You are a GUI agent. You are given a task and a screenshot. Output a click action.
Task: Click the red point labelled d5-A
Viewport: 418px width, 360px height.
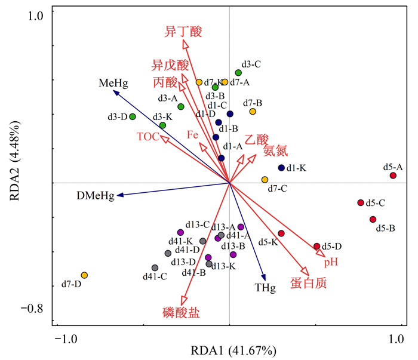click(393, 176)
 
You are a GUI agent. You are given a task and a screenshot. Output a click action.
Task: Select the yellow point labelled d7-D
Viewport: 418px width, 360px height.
click(84, 275)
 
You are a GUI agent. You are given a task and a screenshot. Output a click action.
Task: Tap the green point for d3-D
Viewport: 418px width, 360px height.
click(133, 116)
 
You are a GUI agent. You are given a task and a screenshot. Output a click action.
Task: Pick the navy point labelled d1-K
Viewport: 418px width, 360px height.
click(281, 168)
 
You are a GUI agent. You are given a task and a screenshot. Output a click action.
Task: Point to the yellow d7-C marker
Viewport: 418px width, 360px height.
click(265, 180)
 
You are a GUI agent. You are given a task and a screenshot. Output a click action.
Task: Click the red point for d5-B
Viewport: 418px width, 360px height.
click(373, 220)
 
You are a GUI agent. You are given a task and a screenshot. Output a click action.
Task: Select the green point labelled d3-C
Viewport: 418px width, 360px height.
click(238, 73)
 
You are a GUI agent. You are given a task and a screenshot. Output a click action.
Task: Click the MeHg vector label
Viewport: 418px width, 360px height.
click(114, 84)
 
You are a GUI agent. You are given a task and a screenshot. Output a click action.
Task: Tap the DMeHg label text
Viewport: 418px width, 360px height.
click(95, 196)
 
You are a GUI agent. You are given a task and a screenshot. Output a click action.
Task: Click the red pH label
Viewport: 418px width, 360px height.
click(331, 262)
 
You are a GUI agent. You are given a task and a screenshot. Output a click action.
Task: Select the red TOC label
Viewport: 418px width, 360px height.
click(147, 137)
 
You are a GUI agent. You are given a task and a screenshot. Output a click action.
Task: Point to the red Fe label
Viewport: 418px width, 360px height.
click(192, 135)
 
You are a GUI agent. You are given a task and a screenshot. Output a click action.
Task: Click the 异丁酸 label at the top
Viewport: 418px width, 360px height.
click(183, 32)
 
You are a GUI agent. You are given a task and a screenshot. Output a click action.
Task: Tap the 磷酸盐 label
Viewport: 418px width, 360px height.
click(180, 312)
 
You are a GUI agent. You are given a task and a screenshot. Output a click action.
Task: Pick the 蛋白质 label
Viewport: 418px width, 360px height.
click(308, 283)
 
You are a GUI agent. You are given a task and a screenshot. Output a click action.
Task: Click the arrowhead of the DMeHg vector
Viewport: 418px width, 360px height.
click(119, 195)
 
